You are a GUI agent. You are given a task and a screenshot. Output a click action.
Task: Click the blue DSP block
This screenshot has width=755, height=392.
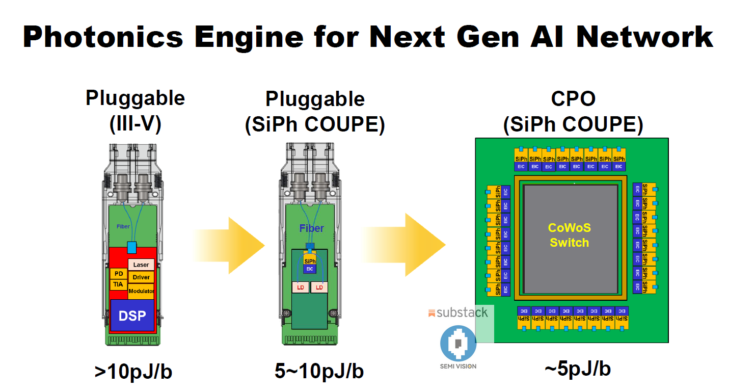tap(132, 316)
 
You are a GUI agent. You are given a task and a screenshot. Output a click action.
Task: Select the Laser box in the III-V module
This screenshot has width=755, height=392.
tap(141, 265)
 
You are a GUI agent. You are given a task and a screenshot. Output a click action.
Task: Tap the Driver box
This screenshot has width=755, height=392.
tap(141, 277)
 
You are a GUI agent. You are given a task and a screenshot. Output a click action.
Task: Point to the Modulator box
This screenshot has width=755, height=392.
tap(141, 291)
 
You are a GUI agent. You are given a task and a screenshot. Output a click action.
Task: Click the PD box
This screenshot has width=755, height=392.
tap(119, 274)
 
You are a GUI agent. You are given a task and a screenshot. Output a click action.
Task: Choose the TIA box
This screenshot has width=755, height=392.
tap(118, 284)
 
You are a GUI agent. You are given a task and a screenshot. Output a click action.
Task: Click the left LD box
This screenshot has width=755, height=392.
tap(300, 288)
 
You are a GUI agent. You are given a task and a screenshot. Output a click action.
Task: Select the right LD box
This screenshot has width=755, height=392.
tap(319, 288)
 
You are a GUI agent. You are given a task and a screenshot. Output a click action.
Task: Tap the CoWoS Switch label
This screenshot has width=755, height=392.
tap(569, 236)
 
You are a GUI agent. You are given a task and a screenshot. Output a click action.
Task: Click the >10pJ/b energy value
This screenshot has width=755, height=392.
tap(133, 372)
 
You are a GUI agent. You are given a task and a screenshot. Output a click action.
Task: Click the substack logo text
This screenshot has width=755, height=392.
tap(462, 312)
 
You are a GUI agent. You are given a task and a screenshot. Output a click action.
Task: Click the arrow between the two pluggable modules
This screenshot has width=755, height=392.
tap(232, 246)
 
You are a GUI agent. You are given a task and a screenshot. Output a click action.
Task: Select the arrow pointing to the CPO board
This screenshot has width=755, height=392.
tap(408, 245)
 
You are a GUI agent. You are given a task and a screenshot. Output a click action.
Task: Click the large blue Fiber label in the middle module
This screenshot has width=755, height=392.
tap(311, 228)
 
